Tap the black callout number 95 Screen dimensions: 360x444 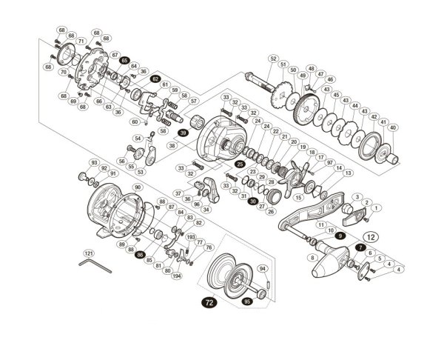tap(247, 302)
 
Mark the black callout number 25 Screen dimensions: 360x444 tap(240, 163)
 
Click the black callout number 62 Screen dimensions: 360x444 tap(155, 79)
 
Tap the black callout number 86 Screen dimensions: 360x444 tap(140, 254)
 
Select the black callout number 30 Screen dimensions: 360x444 tap(253, 201)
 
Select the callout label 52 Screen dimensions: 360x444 tap(273, 59)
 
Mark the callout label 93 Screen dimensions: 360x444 tap(94, 162)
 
